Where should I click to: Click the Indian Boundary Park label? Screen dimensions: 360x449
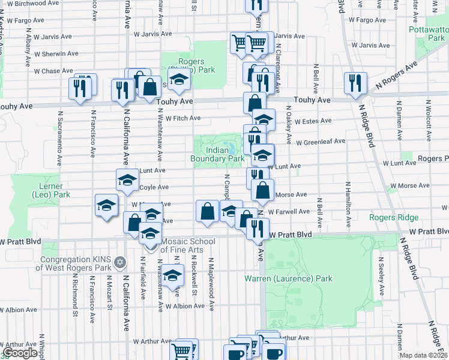pos(217,154)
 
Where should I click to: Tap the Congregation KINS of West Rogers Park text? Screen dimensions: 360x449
pos(77,263)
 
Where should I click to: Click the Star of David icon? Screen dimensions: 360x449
pos(119,263)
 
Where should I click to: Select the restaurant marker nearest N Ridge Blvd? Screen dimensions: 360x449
pos(355,83)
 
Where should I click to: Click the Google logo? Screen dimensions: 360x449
pos(20,353)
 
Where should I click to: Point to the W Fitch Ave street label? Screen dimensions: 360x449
pos(182,118)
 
